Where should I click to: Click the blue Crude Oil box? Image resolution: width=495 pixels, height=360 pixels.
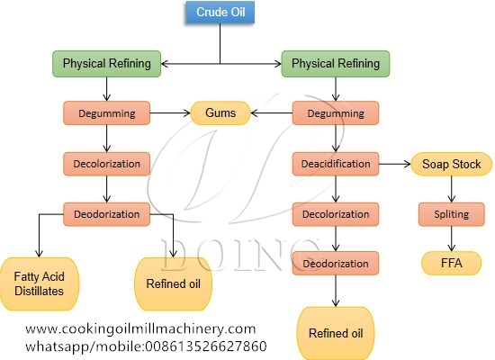[x=220, y=13]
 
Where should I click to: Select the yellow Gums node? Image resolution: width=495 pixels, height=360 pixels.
[x=220, y=113]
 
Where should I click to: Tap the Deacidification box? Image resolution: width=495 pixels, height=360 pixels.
[x=336, y=164]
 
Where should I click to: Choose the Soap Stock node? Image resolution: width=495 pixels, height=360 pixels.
[x=451, y=165]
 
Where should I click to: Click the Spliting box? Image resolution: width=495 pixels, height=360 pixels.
[x=451, y=215]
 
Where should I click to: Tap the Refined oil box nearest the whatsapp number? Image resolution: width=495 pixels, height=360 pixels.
[x=335, y=331]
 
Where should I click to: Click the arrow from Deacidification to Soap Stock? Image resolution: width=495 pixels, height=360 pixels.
[x=393, y=165]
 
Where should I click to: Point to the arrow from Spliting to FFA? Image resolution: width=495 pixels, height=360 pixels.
[x=451, y=240]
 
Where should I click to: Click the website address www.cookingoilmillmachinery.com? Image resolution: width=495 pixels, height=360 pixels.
[x=140, y=328]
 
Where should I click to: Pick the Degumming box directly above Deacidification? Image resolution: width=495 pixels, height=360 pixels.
[x=336, y=113]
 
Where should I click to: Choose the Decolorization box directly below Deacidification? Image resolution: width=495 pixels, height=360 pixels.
[x=336, y=215]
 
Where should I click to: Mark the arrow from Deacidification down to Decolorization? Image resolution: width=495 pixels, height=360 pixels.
[x=336, y=189]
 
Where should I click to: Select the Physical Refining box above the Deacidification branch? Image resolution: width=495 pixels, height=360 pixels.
[x=336, y=63]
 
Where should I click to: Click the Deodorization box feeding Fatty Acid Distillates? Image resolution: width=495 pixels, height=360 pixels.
[x=107, y=214]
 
